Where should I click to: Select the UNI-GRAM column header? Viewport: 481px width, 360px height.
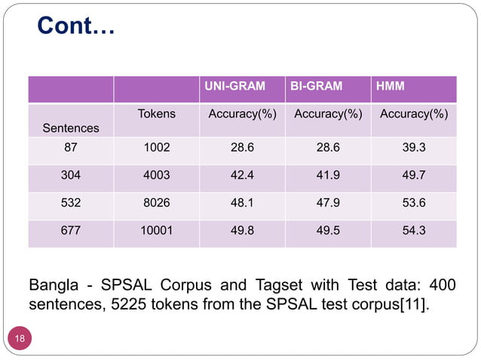point(235,87)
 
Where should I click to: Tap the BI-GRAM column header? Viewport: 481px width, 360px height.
point(317,87)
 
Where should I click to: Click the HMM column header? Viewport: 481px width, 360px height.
point(390,87)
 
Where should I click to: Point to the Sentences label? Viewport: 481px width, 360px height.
point(71,128)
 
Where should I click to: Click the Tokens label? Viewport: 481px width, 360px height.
point(157,114)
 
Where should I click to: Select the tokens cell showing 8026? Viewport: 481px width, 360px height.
point(157,204)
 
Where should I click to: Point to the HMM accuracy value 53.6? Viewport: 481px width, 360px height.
point(414,204)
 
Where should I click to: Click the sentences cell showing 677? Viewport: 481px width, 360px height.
point(71,231)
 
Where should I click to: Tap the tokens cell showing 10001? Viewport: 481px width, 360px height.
point(157,231)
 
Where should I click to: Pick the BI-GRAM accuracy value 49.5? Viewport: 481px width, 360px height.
point(328,231)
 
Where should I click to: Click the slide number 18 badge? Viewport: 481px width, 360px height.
point(20,339)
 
